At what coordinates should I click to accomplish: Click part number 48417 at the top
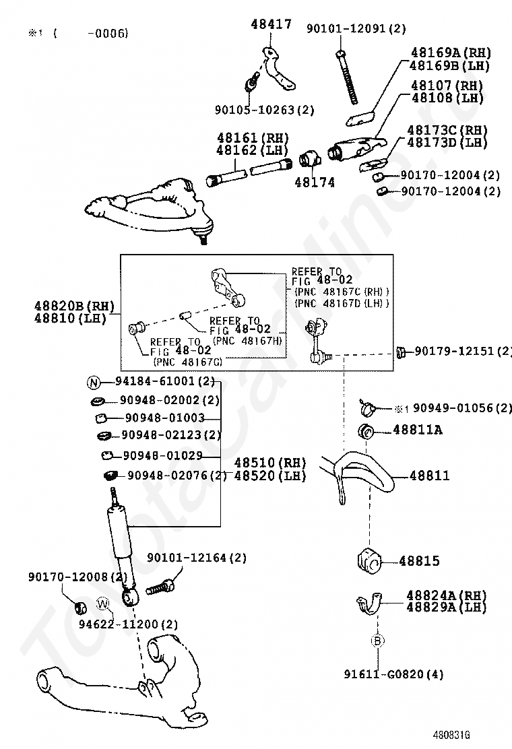coord(271,25)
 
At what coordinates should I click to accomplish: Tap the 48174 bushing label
coord(314,182)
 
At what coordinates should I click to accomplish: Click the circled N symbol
coord(94,382)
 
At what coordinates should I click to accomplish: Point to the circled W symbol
coord(102,603)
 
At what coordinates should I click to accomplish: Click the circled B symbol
coord(377,641)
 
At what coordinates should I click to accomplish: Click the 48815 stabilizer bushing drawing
coord(367,560)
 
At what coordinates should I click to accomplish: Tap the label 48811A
coord(417,429)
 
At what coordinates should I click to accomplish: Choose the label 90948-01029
coord(162,456)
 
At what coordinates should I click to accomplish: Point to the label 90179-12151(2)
coord(462,351)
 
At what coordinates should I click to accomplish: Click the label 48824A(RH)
coord(446,595)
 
